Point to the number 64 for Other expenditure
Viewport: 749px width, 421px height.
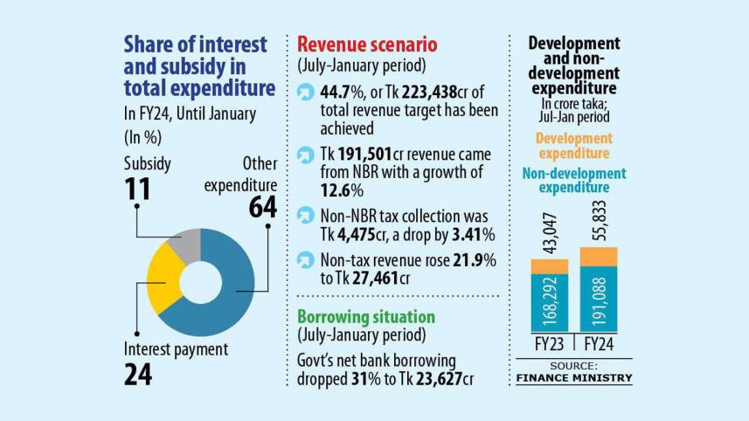(261, 207)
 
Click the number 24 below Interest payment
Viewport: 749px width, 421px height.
(137, 374)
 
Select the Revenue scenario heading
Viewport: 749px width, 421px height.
(367, 45)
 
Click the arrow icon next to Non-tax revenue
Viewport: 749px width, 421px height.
(305, 260)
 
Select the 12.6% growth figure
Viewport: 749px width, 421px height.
(337, 190)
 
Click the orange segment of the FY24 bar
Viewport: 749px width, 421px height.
(598, 257)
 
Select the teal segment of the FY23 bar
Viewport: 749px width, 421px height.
(550, 302)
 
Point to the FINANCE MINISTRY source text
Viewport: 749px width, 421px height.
(572, 377)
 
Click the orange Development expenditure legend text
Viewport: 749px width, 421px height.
(573, 145)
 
